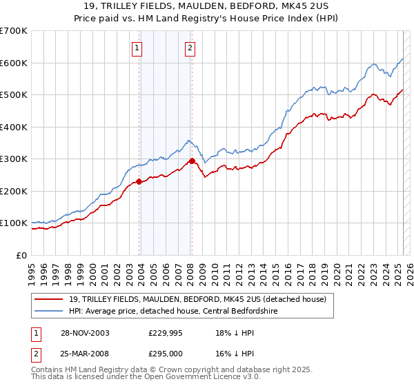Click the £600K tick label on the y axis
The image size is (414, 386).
[14, 63]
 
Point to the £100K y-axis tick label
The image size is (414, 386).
[14, 223]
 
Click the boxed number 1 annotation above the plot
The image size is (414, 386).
[137, 48]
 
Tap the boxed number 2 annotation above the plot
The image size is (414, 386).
[190, 48]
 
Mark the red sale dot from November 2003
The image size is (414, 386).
[139, 181]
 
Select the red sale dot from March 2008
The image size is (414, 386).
[192, 161]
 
